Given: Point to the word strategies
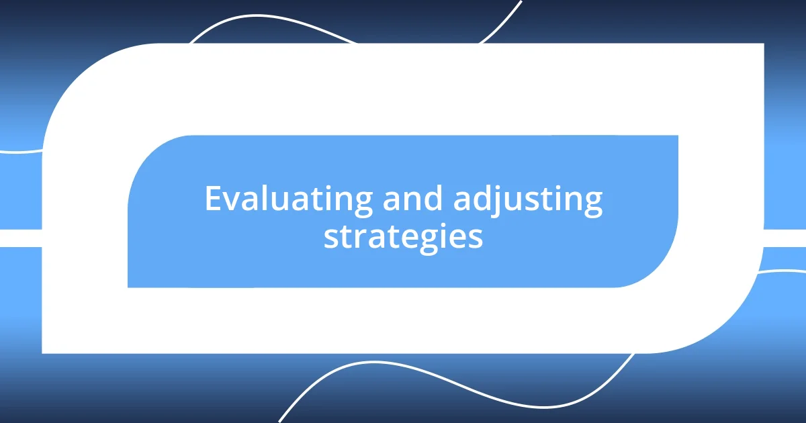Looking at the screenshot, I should coord(403,237).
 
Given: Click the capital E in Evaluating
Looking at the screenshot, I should coord(213,199).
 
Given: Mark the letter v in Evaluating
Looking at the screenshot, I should coord(230,201).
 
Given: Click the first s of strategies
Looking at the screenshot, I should coord(330,238).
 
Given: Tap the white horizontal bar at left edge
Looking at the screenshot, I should coord(20,238).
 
